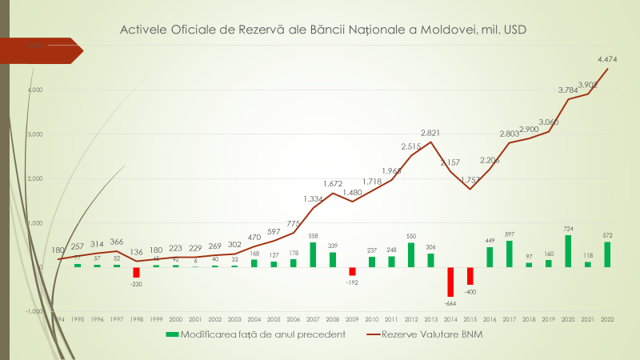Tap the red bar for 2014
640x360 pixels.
(450, 282)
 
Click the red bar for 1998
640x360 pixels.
(136, 272)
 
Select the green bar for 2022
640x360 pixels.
(608, 254)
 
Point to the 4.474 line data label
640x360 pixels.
(606, 58)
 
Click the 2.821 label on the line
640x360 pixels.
(432, 133)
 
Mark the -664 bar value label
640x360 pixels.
(450, 302)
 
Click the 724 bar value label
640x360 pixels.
(569, 228)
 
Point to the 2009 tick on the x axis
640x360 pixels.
(352, 318)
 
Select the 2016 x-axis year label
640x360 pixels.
(490, 318)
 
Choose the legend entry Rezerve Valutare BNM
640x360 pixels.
(421, 335)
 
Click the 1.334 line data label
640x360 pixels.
(314, 198)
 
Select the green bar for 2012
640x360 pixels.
(411, 254)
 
